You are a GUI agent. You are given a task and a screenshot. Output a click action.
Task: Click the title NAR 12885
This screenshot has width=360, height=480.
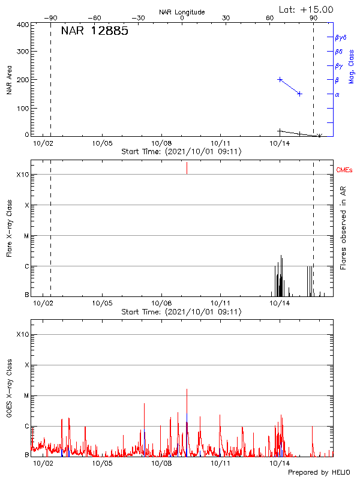point(94,32)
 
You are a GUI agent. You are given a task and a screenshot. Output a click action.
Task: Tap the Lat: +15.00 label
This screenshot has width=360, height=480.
point(306,10)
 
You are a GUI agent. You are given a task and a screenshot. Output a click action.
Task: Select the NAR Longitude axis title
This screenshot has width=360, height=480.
point(182,12)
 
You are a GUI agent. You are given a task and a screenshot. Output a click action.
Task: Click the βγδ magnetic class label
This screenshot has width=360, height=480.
point(341,37)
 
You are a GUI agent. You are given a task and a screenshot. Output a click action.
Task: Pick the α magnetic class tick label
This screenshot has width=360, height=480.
point(337,94)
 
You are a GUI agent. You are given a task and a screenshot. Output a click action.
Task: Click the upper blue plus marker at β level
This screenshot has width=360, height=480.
point(280,79)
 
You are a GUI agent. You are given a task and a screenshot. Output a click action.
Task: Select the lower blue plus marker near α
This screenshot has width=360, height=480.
point(300,94)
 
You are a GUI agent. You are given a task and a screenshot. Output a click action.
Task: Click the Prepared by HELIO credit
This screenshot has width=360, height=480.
point(318,473)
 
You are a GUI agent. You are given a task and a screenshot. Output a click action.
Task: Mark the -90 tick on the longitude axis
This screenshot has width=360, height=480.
point(52,18)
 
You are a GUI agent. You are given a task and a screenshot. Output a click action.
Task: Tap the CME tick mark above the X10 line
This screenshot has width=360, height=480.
point(187,168)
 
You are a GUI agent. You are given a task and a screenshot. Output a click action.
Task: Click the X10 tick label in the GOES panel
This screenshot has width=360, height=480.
point(23,334)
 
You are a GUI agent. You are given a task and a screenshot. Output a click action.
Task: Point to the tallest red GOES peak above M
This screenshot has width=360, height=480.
point(187,390)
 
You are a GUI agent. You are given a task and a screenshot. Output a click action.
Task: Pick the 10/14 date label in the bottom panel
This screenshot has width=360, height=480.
point(280,463)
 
